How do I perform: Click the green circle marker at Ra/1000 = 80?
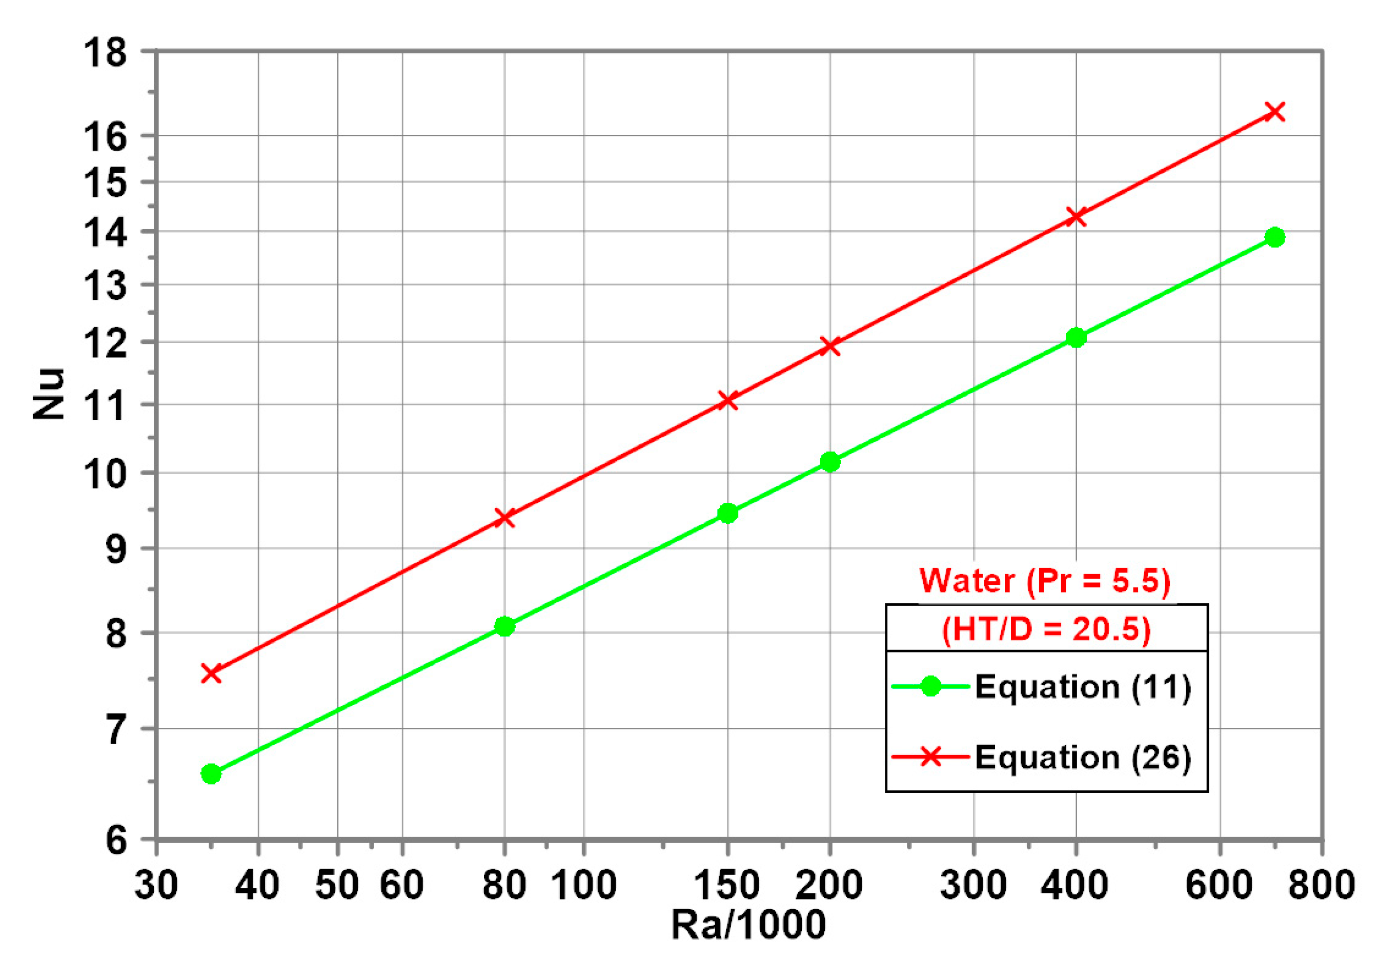point(504,626)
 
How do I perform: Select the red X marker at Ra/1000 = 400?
point(1076,217)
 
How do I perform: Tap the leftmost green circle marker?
point(211,774)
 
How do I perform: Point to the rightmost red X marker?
point(1274,112)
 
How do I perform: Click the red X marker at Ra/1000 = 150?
point(728,401)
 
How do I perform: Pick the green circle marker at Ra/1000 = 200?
point(830,462)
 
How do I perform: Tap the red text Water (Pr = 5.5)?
point(1045,581)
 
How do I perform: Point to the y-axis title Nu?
point(48,394)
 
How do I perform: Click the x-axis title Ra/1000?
point(748,925)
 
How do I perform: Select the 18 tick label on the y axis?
point(105,52)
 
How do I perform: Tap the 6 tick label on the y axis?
point(116,840)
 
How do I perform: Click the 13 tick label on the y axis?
point(105,285)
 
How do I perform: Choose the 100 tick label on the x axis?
point(583,885)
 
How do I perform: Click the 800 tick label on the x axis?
point(1322,885)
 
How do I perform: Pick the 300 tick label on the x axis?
point(973,885)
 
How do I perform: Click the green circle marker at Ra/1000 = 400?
point(1076,338)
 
